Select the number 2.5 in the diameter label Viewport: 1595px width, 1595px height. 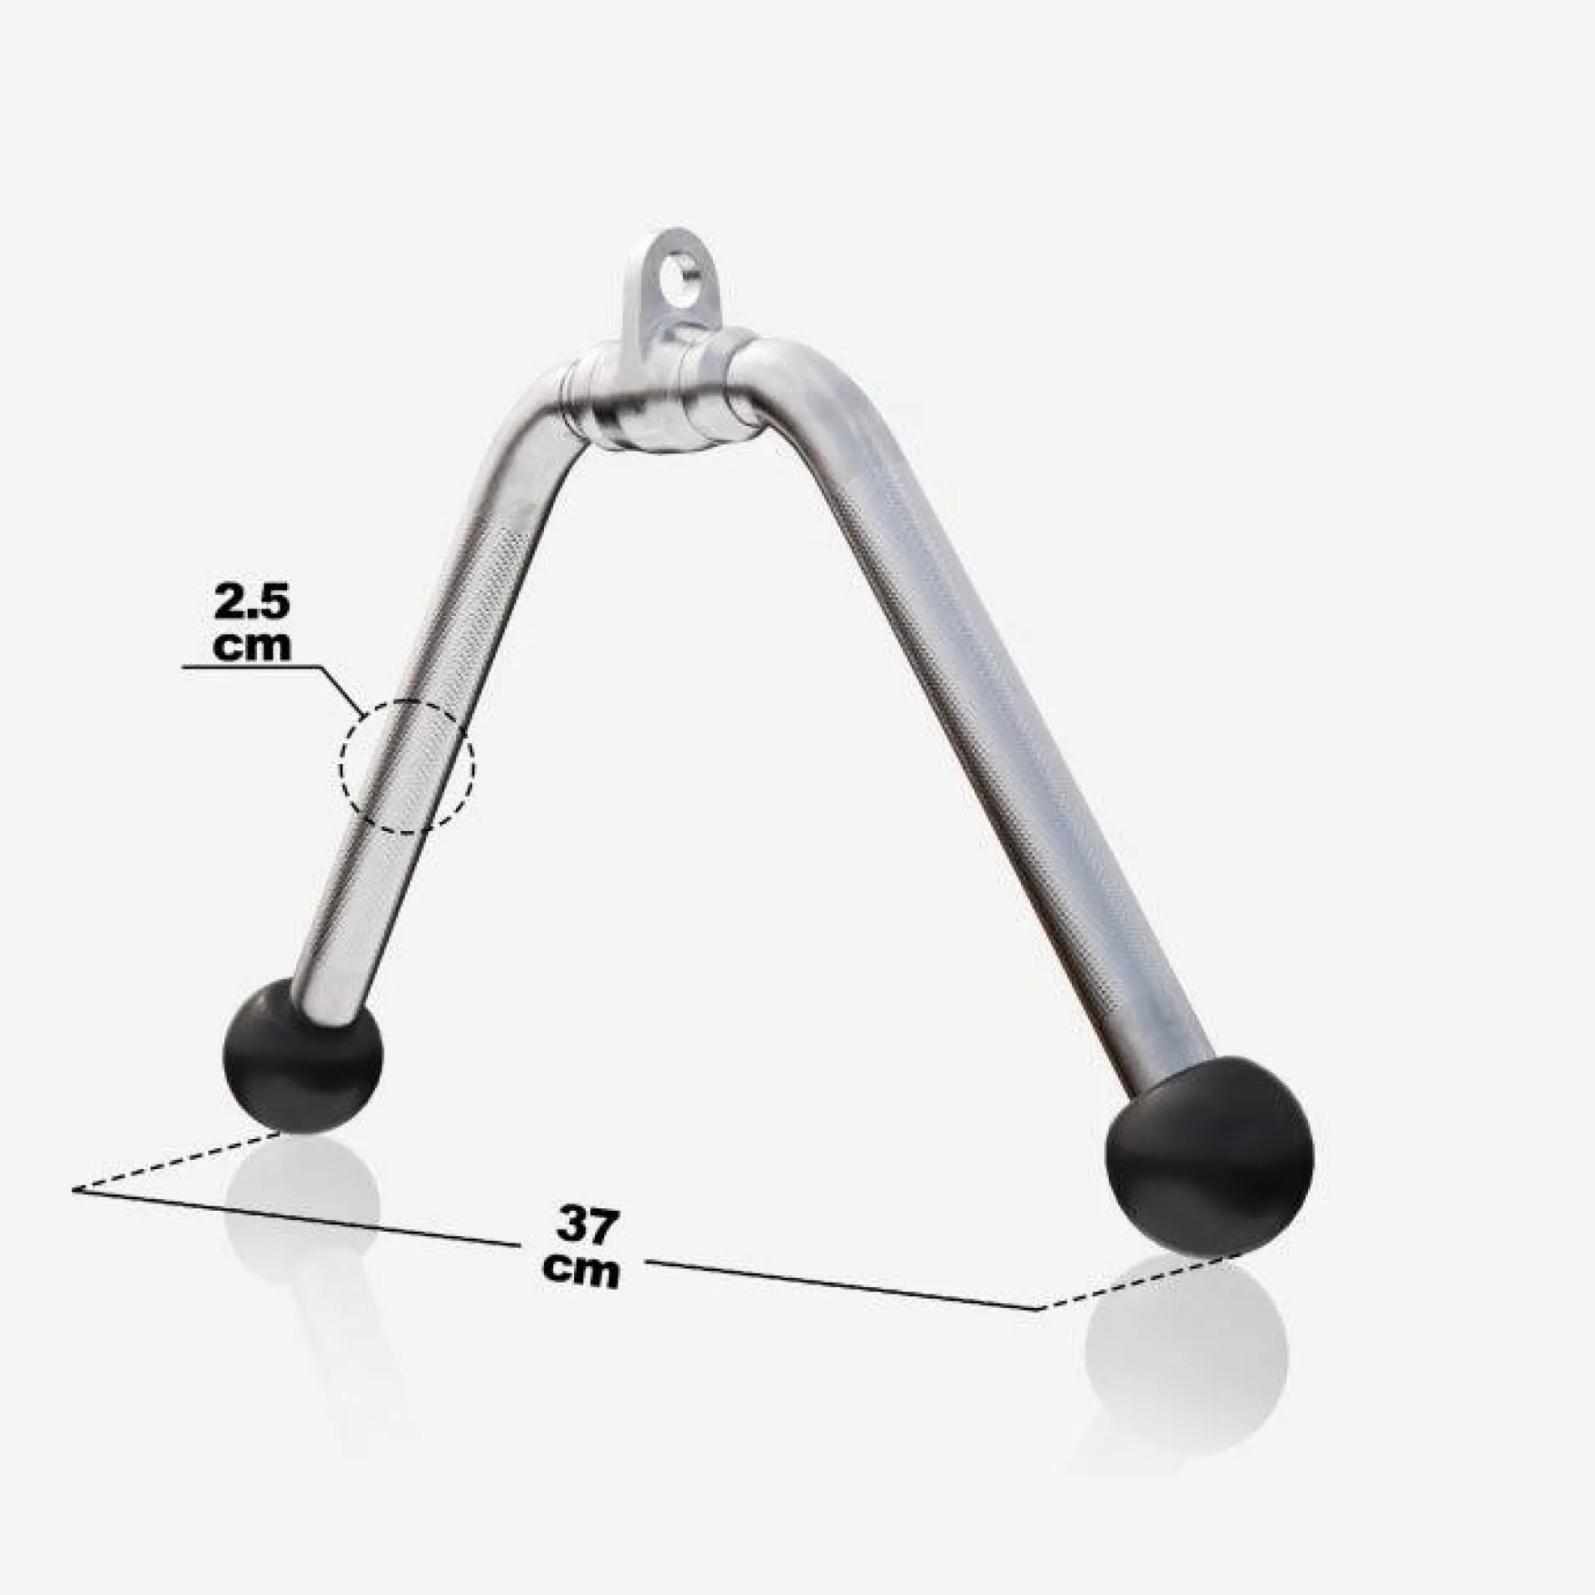[x=251, y=604]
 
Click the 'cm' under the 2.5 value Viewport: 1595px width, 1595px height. [x=252, y=645]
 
